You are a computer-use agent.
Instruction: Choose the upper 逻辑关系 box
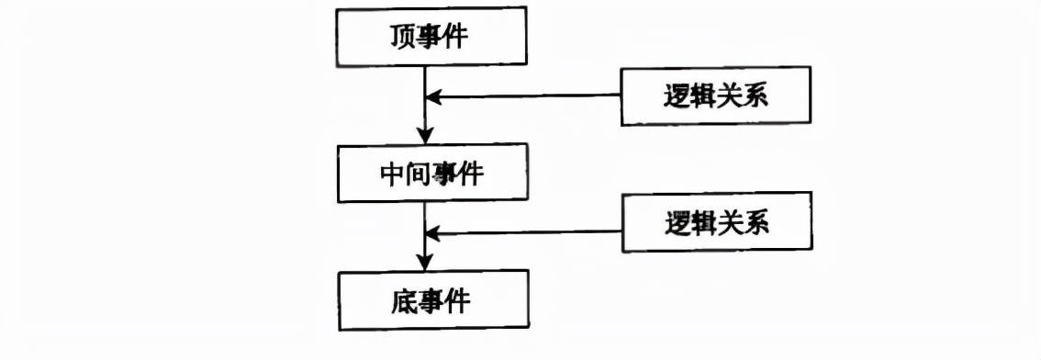[716, 96]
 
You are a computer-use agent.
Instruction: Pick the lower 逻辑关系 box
[716, 222]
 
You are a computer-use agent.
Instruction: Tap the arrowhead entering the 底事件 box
[425, 263]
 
